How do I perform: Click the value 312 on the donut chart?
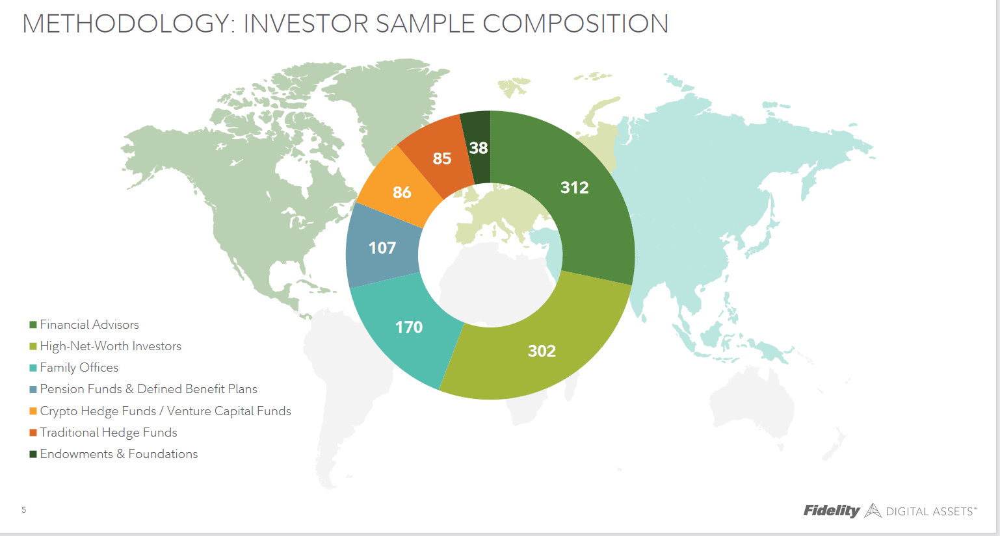tap(575, 187)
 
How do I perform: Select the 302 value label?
tap(542, 351)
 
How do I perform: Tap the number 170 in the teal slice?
tap(409, 327)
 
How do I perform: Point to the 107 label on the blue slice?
tap(382, 248)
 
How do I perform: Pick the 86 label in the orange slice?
tap(402, 193)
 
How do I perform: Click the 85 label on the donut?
tap(442, 159)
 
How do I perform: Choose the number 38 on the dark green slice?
tap(479, 148)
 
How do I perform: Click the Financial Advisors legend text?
tap(89, 325)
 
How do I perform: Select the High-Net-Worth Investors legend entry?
tap(111, 346)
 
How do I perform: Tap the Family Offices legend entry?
tap(79, 368)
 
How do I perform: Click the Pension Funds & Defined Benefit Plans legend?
tap(148, 389)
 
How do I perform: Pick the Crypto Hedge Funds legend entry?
tap(165, 411)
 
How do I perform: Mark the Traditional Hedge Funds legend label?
tap(108, 433)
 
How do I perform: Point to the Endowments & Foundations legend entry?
tap(118, 454)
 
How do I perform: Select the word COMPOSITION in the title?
tap(575, 23)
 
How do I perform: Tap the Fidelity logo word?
tap(831, 511)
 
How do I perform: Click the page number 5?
tap(23, 510)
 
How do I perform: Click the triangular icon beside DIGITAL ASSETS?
tap(873, 511)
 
